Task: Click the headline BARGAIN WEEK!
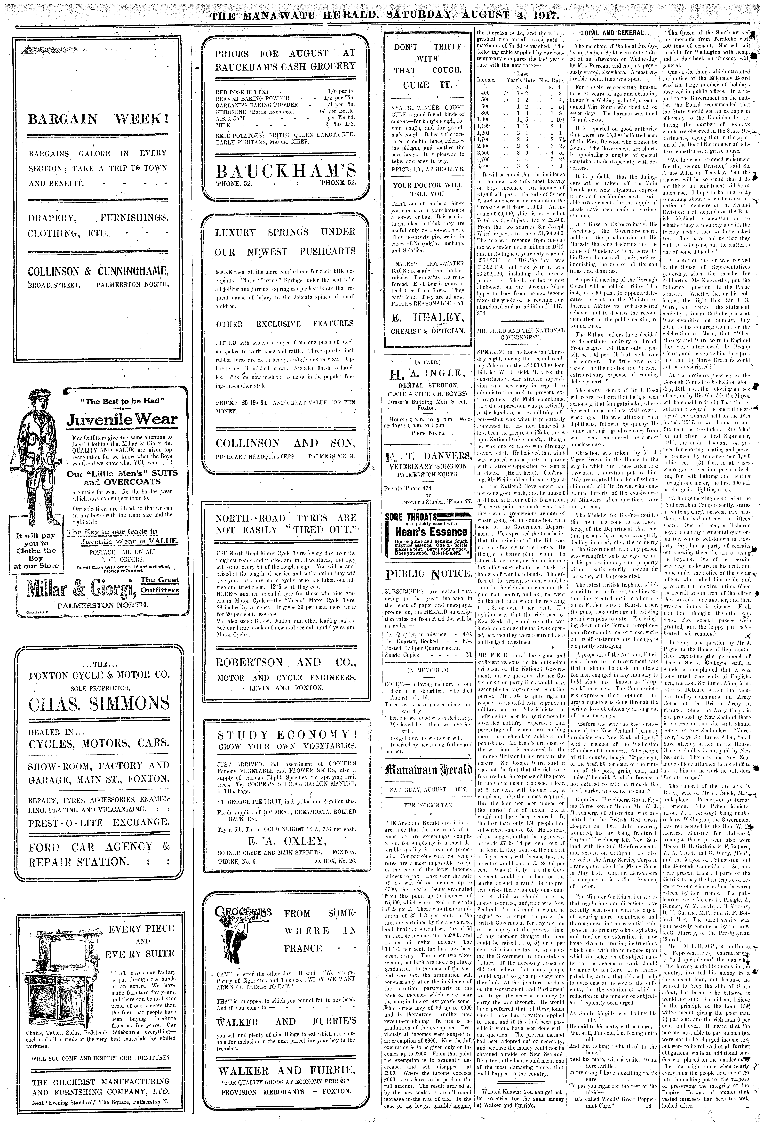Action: point(98,119)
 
